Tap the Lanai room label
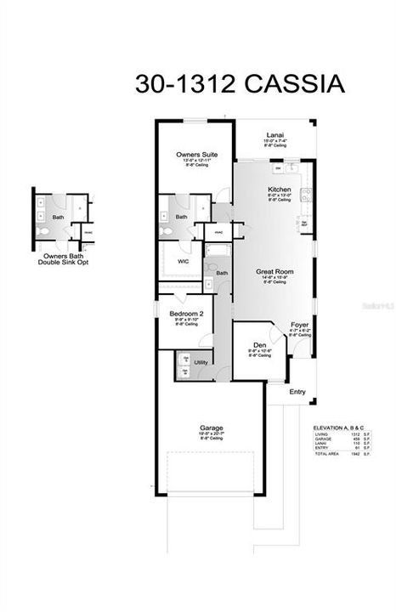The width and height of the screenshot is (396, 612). click(274, 135)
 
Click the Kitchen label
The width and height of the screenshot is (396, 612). click(280, 190)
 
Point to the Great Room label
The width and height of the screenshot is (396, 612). click(275, 272)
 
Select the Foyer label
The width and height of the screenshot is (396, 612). click(299, 326)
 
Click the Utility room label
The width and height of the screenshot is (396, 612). click(201, 362)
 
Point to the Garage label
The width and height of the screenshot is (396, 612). click(210, 428)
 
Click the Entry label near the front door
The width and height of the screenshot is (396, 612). click(297, 392)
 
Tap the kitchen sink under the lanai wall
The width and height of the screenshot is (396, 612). click(290, 167)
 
